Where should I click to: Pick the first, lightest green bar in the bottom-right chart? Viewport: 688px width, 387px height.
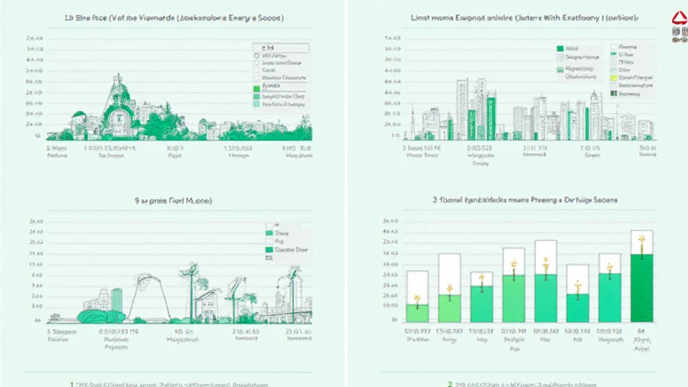click(x=417, y=312)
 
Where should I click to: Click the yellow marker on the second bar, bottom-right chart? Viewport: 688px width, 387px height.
click(x=449, y=290)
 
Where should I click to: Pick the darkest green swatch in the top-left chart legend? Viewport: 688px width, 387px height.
click(x=256, y=88)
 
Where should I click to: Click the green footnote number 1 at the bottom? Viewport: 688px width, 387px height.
click(x=72, y=384)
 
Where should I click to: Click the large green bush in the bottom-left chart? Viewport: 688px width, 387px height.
click(x=101, y=316)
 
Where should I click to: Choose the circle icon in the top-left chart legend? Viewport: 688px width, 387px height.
click(x=256, y=56)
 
